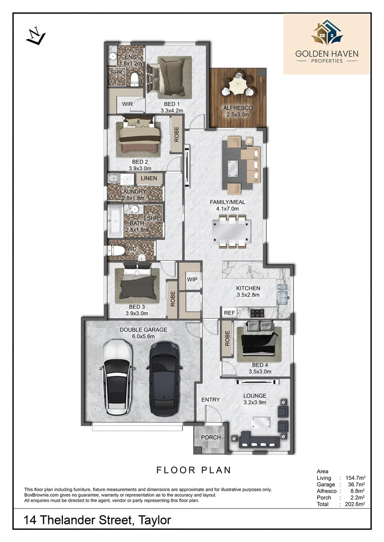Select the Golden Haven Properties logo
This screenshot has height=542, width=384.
tap(327, 44)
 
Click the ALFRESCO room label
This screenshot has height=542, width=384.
tap(238, 108)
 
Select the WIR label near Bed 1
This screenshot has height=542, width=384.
tap(127, 104)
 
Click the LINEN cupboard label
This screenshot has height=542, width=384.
tap(149, 178)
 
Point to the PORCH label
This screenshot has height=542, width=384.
tap(211, 437)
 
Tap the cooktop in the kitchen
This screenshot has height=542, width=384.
tap(258, 313)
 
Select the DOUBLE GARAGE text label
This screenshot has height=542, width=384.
tap(143, 330)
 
